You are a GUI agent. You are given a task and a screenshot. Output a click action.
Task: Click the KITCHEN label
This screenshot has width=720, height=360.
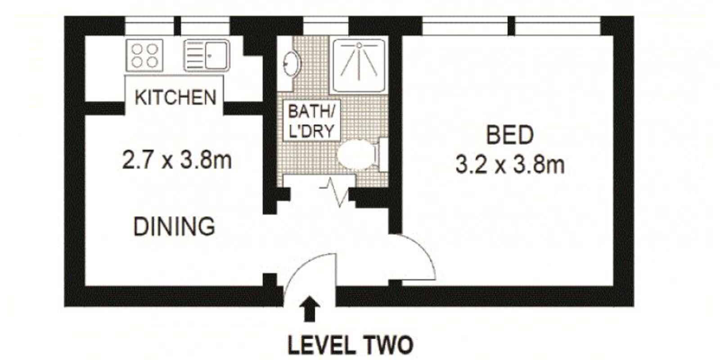click(175, 97)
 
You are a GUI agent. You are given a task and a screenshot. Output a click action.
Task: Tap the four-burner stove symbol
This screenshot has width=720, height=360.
click(144, 55)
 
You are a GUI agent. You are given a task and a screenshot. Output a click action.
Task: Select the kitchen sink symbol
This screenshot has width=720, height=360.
click(207, 55)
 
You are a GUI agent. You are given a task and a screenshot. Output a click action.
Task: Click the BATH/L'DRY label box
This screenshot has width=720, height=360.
click(311, 121)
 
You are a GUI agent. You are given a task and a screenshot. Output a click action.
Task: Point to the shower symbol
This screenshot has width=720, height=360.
click(359, 65)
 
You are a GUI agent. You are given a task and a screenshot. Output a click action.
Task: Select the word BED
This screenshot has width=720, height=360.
click(510, 135)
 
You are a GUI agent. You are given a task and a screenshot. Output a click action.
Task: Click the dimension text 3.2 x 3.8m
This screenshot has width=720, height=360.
click(510, 165)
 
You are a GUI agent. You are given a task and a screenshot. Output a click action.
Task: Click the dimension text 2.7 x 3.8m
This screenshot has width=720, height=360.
click(177, 160)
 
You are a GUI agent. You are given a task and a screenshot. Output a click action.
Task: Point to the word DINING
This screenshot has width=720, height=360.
click(174, 226)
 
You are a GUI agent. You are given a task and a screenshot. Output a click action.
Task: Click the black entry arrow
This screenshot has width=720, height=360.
click(310, 309)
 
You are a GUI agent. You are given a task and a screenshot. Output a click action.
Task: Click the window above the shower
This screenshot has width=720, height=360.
click(325, 26)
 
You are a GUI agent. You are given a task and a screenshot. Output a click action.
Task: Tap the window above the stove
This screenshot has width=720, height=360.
click(149, 26)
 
